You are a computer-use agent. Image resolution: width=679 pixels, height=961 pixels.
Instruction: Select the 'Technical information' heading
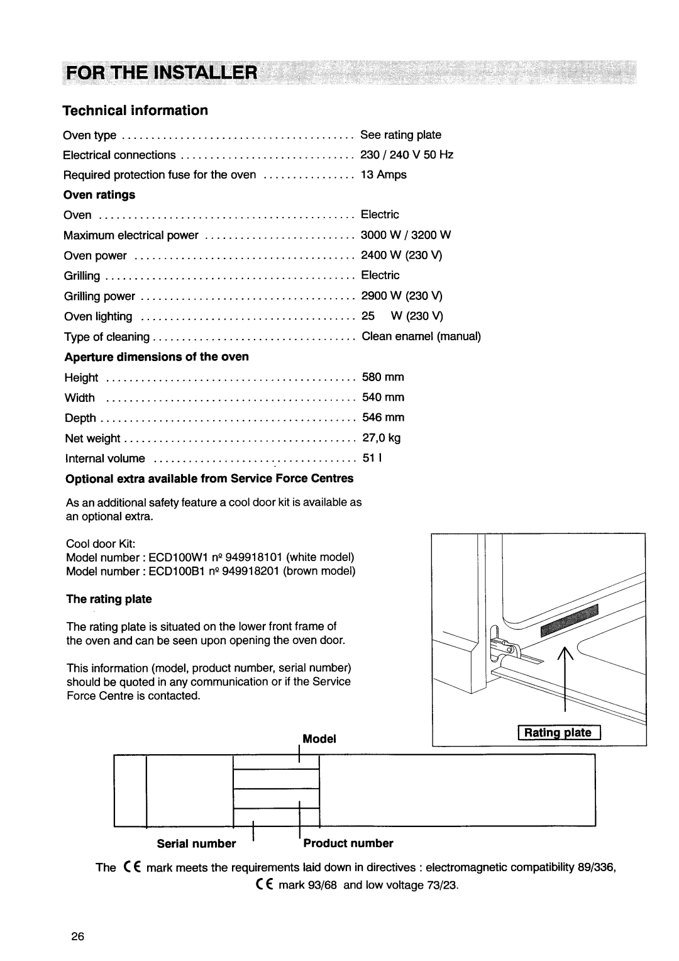pyautogui.click(x=135, y=111)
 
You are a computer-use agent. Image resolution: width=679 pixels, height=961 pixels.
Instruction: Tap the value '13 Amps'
pyautogui.click(x=384, y=175)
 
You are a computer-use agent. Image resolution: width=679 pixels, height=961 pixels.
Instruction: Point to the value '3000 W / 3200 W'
pyautogui.click(x=406, y=235)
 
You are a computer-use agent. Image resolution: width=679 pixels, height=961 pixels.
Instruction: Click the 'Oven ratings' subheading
pyautogui.click(x=99, y=195)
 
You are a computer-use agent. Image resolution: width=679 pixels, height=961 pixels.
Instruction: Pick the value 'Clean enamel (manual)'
pyautogui.click(x=421, y=336)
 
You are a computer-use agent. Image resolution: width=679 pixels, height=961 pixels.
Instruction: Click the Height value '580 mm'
pyautogui.click(x=382, y=377)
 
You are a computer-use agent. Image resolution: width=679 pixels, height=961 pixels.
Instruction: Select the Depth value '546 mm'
pyautogui.click(x=382, y=418)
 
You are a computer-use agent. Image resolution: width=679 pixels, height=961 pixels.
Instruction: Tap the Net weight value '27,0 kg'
pyautogui.click(x=381, y=438)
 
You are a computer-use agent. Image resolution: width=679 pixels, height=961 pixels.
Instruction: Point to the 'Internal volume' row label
pyautogui.click(x=105, y=458)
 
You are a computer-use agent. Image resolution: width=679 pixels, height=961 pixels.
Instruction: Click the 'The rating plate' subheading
pyautogui.click(x=109, y=599)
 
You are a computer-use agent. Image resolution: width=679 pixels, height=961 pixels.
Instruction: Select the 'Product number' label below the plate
pyautogui.click(x=348, y=843)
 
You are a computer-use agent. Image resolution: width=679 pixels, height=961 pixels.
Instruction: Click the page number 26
pyautogui.click(x=77, y=935)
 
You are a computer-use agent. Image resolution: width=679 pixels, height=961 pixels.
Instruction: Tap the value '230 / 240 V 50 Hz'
pyautogui.click(x=407, y=155)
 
